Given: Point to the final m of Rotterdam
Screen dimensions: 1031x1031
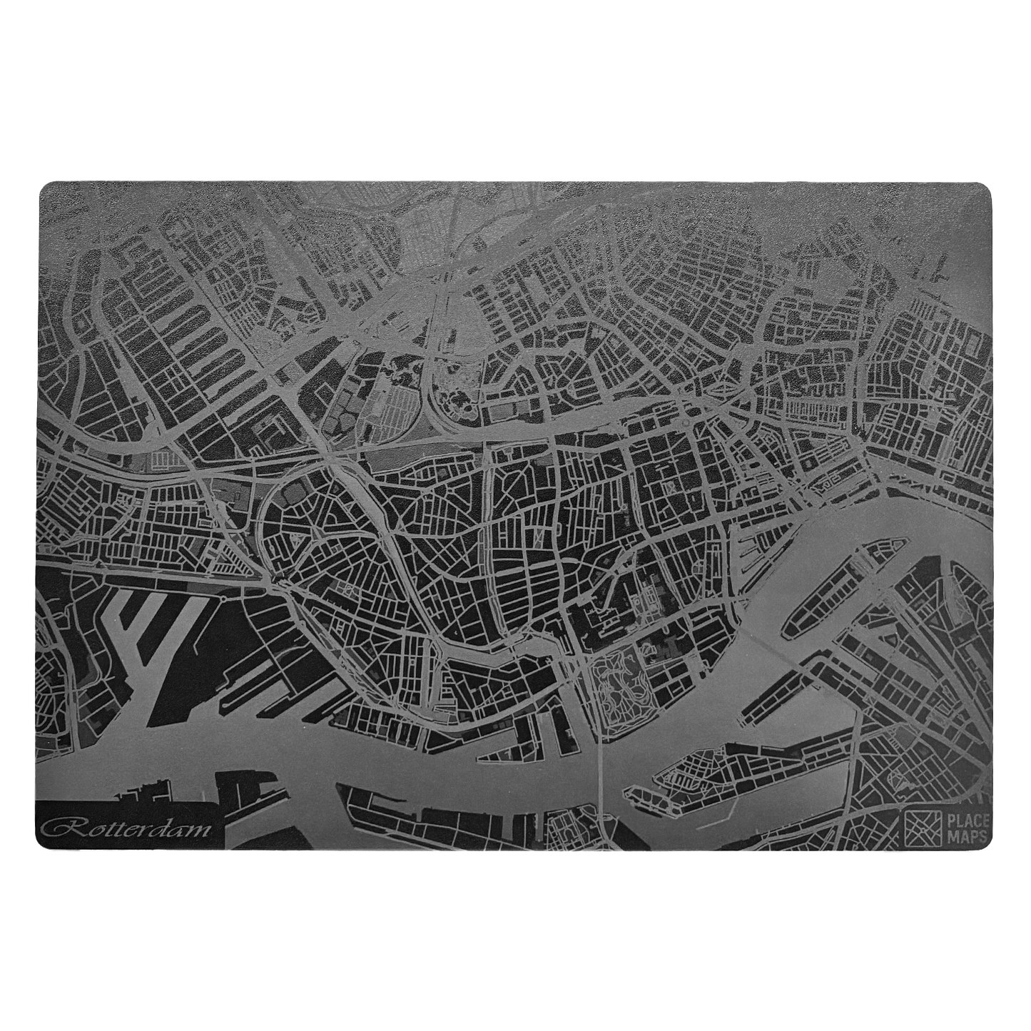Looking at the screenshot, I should (201, 830).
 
